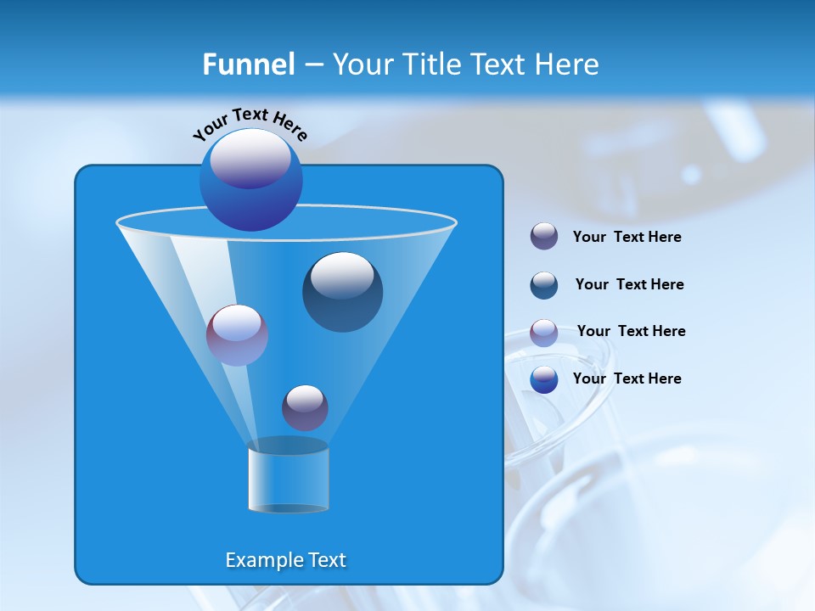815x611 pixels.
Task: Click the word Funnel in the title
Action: (248, 64)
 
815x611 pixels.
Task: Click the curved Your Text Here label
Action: (250, 123)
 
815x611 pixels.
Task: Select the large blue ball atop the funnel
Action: (251, 179)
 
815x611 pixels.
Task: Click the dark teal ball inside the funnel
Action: (342, 292)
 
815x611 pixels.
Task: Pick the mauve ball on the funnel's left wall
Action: (237, 335)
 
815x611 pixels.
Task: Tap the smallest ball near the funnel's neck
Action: (305, 407)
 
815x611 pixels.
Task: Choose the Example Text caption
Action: (285, 560)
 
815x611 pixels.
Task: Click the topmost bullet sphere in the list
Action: (544, 236)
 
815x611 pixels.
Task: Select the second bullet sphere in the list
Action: (544, 285)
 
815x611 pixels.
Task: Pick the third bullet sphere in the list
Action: (544, 333)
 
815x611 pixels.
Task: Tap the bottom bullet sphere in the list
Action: (544, 379)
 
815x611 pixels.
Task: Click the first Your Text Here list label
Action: (627, 237)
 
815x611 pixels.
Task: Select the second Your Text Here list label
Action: (629, 284)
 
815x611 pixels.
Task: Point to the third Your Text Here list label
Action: (631, 331)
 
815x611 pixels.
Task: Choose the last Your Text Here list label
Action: (627, 378)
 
